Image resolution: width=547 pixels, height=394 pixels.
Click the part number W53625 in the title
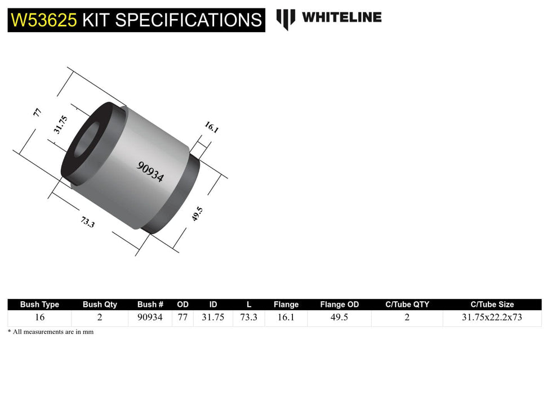[44, 20]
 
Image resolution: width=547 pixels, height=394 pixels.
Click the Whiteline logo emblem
[286, 19]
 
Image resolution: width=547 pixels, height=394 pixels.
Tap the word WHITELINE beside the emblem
[341, 17]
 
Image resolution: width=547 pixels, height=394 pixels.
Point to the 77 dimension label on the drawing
[38, 111]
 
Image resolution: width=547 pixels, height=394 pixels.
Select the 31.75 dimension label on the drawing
[60, 124]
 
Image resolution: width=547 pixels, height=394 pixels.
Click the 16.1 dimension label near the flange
[211, 127]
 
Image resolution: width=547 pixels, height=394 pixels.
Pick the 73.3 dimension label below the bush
[87, 222]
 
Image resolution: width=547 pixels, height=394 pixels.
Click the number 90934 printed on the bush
[150, 172]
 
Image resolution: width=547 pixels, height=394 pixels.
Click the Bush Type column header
[39, 305]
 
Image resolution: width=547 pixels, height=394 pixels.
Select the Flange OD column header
[339, 305]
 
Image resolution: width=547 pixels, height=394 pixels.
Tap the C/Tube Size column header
[492, 305]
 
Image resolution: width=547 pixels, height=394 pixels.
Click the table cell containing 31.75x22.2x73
[492, 317]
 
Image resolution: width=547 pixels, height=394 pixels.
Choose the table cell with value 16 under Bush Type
[39, 317]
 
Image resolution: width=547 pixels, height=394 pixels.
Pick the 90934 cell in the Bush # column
[150, 317]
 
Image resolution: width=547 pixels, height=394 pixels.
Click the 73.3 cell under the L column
[248, 317]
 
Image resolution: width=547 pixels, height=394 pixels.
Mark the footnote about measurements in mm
[51, 332]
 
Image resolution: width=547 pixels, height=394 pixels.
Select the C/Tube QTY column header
[407, 305]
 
